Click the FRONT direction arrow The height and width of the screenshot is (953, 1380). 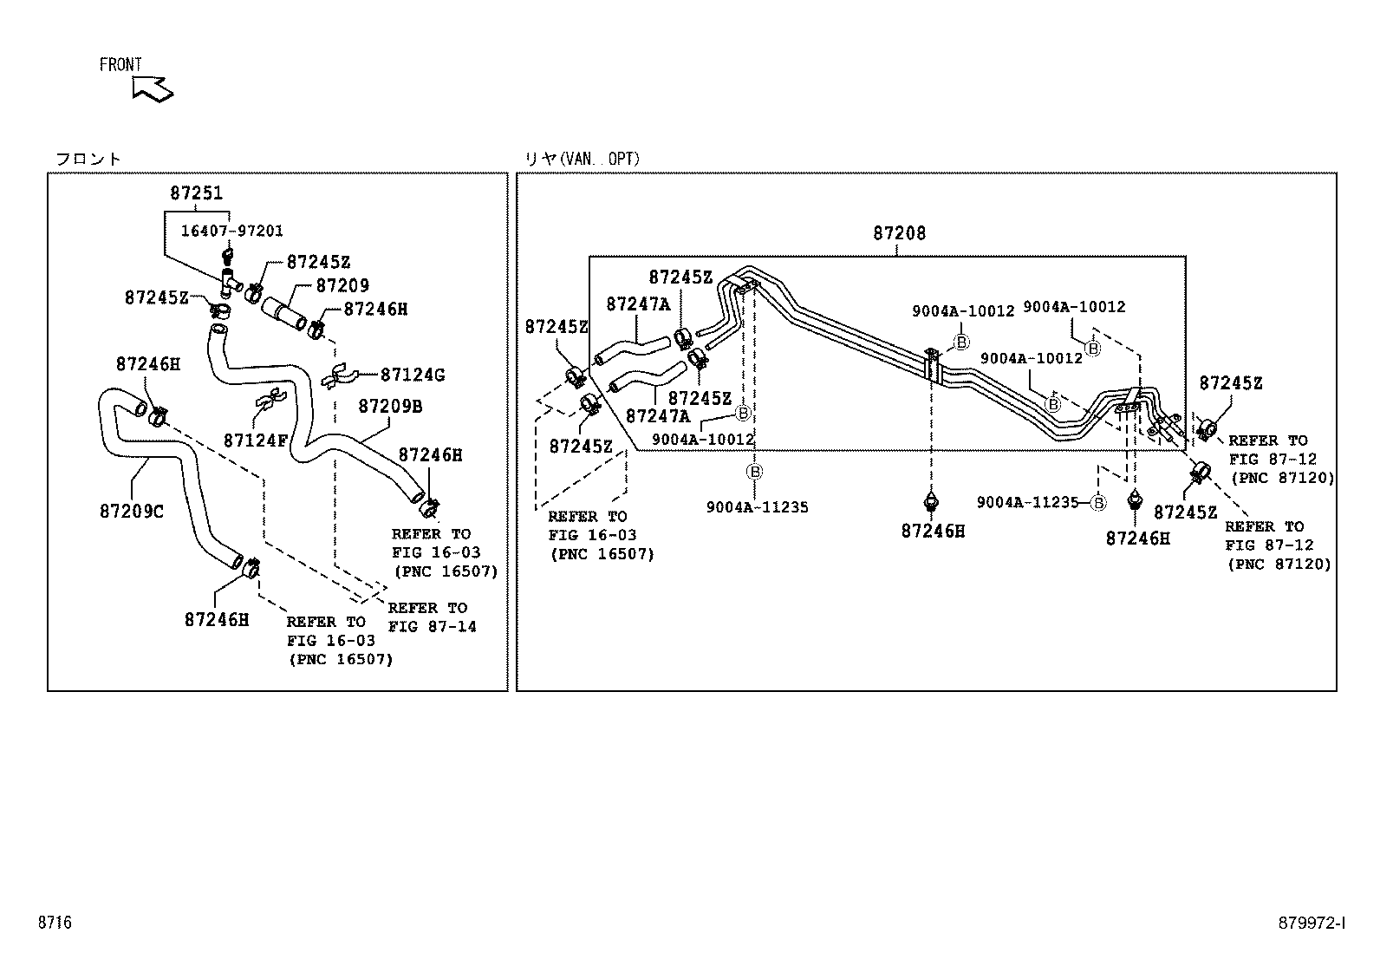pyautogui.click(x=153, y=88)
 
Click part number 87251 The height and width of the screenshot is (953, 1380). pyautogui.click(x=196, y=193)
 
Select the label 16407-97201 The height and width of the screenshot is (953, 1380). pyautogui.click(x=231, y=231)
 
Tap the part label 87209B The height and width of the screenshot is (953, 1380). pyautogui.click(x=390, y=405)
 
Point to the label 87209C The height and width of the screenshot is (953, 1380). pyautogui.click(x=131, y=512)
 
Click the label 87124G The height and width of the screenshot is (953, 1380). pyautogui.click(x=413, y=375)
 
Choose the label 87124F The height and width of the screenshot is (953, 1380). pyautogui.click(x=255, y=440)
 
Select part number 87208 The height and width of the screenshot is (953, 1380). pyautogui.click(x=899, y=233)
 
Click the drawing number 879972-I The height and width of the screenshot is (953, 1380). pyautogui.click(x=1312, y=923)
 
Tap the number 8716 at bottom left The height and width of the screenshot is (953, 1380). pyautogui.click(x=54, y=923)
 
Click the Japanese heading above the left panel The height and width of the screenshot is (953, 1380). pyautogui.click(x=88, y=159)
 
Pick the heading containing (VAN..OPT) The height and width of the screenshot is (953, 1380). pyautogui.click(x=582, y=159)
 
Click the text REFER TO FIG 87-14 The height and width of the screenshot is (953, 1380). pyautogui.click(x=432, y=617)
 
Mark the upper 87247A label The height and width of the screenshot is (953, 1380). pyautogui.click(x=638, y=304)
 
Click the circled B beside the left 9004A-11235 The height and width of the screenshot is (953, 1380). pyautogui.click(x=754, y=472)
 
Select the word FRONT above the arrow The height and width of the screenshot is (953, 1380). pyautogui.click(x=120, y=65)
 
